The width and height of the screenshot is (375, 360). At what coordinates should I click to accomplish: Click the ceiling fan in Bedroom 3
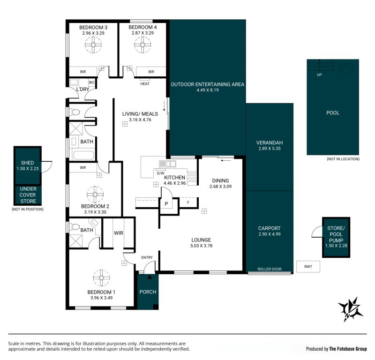click(93, 45)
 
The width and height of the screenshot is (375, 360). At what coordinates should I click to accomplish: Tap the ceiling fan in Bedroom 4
click(142, 45)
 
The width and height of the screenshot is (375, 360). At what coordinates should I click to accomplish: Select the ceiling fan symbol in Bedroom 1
click(101, 277)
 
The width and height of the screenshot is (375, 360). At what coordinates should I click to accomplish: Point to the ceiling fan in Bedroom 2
click(95, 195)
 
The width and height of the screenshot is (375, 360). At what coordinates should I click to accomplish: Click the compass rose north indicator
click(350, 309)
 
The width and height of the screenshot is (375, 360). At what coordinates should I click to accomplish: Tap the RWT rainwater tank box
click(308, 266)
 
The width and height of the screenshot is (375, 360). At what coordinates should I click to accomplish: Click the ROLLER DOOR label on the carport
click(269, 269)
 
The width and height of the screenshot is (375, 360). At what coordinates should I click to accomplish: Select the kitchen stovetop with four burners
click(192, 177)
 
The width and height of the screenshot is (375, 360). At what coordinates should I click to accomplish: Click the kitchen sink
click(168, 164)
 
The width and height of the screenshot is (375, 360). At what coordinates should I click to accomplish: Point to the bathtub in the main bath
click(83, 155)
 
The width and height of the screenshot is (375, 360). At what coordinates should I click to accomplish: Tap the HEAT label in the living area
click(145, 84)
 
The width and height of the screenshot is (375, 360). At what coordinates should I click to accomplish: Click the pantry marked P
click(166, 204)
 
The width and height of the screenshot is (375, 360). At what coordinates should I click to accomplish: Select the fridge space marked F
click(188, 202)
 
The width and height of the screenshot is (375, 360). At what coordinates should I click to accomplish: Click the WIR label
click(119, 233)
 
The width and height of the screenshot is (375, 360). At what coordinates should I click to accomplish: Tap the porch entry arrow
click(150, 277)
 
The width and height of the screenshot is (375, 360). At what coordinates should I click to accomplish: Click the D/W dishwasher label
click(160, 173)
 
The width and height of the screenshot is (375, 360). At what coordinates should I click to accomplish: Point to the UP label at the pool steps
click(319, 75)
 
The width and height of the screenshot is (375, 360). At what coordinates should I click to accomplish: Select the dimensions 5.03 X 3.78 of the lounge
click(201, 246)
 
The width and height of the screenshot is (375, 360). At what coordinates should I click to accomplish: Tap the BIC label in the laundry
click(91, 82)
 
